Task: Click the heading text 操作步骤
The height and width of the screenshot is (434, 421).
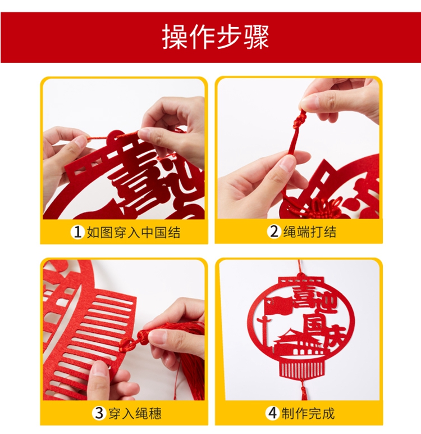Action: click(216, 37)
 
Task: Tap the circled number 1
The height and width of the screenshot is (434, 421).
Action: click(77, 232)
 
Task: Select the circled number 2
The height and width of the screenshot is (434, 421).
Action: click(274, 232)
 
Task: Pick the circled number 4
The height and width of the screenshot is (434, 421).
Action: click(273, 413)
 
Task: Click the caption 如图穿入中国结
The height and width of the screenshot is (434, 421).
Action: click(134, 232)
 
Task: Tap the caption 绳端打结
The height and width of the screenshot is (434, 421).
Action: click(310, 232)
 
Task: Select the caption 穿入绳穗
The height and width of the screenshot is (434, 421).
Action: click(135, 413)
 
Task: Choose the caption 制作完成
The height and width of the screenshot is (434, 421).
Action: click(308, 413)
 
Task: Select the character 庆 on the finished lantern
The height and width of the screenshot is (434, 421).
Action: click(335, 336)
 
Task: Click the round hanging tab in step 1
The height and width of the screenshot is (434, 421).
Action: click(114, 137)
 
